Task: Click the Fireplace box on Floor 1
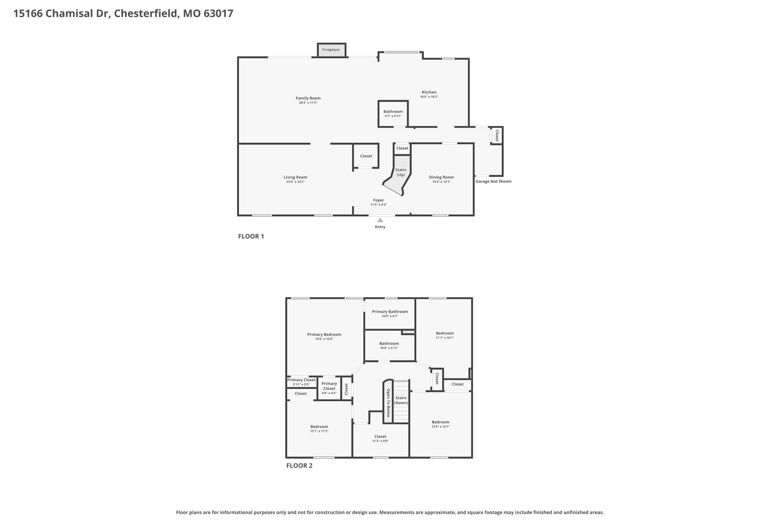point(331,50)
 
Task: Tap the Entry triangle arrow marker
point(380,220)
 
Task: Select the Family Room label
point(308,98)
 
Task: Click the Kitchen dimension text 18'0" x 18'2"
point(429,97)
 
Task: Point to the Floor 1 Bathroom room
point(393,114)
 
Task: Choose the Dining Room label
point(441,177)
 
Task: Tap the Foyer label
point(379,200)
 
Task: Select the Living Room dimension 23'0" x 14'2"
point(296,182)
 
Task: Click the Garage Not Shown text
point(494,181)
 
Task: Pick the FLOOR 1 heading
point(251,236)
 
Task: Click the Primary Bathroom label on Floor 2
point(390,312)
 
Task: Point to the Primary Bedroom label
point(324,334)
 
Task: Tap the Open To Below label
point(388,403)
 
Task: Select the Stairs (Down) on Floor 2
point(401,401)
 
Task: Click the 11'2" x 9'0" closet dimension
point(380,441)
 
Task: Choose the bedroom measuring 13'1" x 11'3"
point(319,429)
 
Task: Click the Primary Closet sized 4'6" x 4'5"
point(329,388)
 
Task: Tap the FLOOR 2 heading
point(299,466)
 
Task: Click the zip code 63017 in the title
point(218,14)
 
